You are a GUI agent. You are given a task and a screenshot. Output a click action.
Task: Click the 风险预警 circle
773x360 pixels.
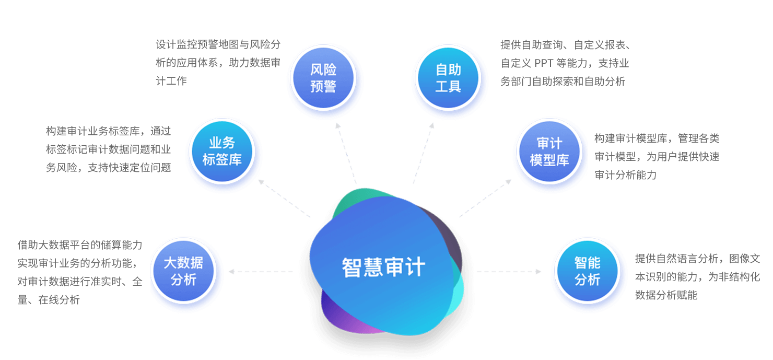click(323, 78)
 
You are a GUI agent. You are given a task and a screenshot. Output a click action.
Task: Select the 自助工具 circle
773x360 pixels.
click(448, 78)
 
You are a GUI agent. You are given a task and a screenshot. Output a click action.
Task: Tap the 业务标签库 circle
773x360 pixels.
click(222, 152)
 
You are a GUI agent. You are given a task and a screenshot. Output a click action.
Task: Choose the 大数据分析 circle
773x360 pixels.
click(183, 271)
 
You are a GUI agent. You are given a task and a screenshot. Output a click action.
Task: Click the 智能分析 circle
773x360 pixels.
click(587, 271)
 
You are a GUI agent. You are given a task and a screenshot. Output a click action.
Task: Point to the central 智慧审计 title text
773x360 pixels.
click(383, 267)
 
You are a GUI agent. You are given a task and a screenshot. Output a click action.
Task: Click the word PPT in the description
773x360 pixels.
click(545, 64)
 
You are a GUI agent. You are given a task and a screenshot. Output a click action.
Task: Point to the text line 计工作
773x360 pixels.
click(171, 81)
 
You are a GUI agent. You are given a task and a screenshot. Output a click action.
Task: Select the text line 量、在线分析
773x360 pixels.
click(49, 300)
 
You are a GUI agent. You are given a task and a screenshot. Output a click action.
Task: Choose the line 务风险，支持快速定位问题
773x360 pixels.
click(108, 168)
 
